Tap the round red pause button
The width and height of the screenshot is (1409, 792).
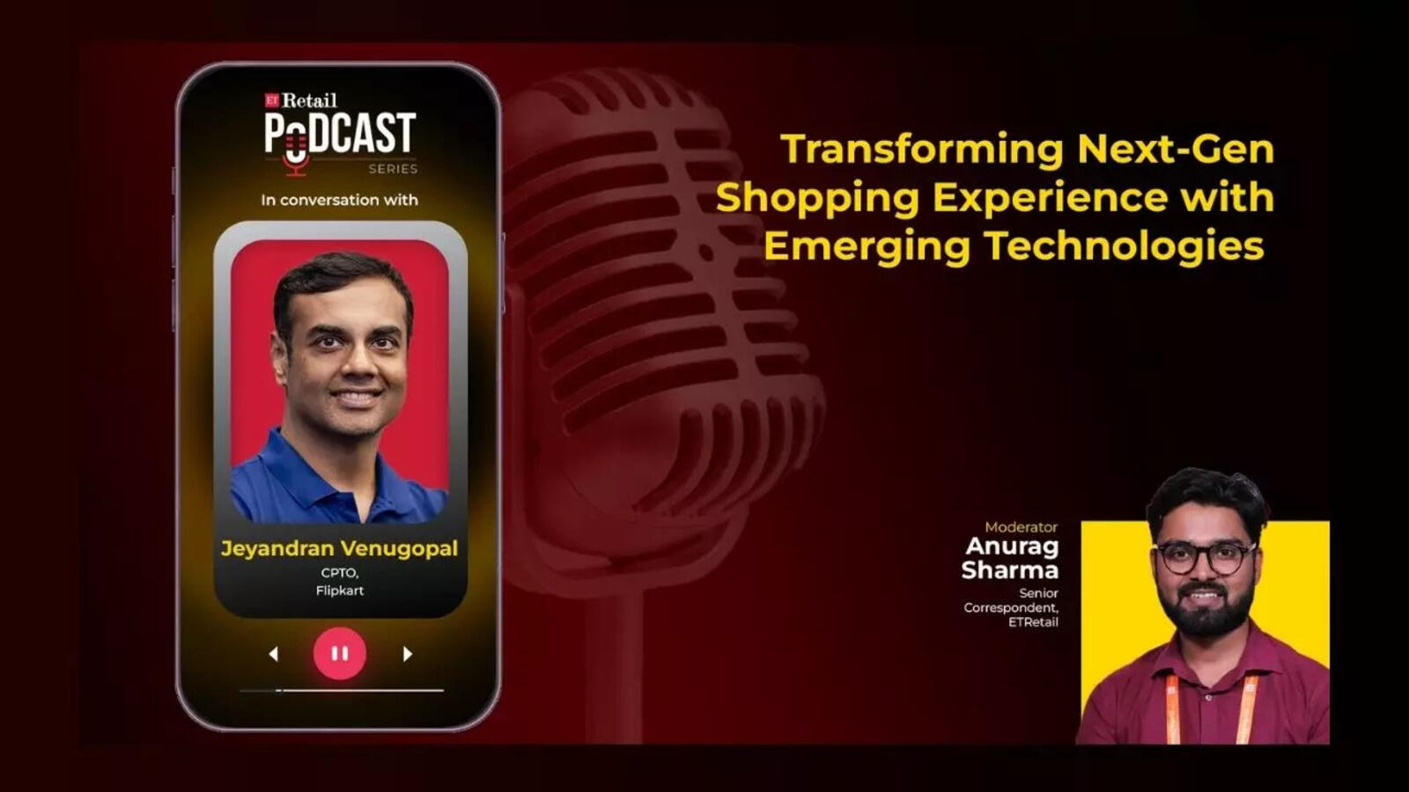340,653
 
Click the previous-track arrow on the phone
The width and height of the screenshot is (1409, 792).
273,655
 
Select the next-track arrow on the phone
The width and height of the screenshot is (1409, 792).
408,655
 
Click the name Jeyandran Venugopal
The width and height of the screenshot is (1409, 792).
339,549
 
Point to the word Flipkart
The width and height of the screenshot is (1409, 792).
340,590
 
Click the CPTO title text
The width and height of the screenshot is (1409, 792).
340,573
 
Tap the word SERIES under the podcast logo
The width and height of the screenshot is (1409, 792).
393,168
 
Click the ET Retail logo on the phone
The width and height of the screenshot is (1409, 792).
300,100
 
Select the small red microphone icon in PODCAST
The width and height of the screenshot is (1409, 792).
294,154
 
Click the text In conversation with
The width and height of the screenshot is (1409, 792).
340,200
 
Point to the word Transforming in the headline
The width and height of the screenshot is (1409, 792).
922,150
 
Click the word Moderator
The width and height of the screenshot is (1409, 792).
1021,527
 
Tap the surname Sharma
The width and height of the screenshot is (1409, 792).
1009,570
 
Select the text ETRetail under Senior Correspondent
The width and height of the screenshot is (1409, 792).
1033,622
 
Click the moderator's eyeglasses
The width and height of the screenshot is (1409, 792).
1205,558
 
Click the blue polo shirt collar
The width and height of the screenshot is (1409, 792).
340,478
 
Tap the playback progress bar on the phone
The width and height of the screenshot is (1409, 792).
342,690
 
